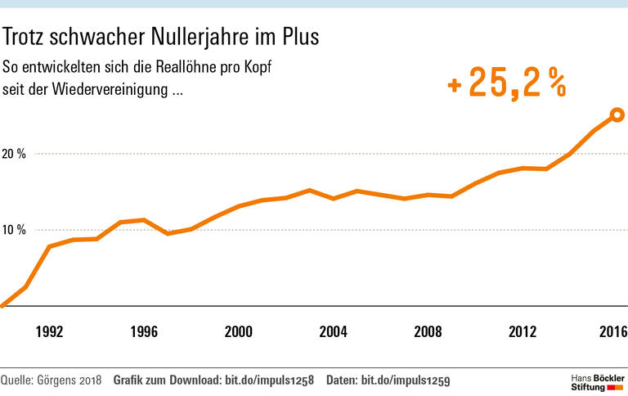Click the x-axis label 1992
50,332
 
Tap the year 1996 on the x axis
144,332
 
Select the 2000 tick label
238,332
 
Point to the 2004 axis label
332,332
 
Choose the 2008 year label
428,332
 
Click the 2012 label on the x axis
522,332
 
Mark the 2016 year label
612,332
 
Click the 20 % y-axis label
16,154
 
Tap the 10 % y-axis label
16,230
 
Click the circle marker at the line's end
617,115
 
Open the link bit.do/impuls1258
269,380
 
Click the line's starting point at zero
2,305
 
